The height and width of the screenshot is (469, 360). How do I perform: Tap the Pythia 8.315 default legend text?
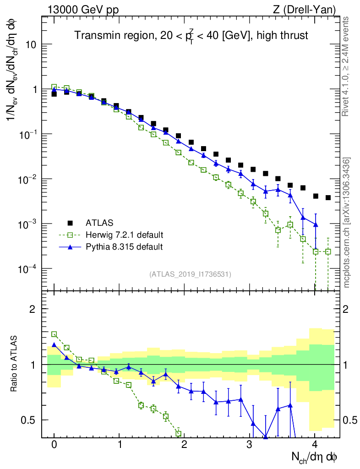pyautogui.click(x=124, y=247)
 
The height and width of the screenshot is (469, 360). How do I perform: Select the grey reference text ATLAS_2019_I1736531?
pyautogui.click(x=190, y=274)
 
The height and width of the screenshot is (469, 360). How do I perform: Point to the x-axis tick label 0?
pyautogui.click(x=54, y=445)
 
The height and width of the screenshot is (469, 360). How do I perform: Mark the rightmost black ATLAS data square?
pyautogui.click(x=328, y=198)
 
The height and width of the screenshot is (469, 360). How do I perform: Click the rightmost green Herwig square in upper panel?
pyautogui.click(x=328, y=251)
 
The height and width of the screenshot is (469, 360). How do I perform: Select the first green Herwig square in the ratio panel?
pyautogui.click(x=54, y=334)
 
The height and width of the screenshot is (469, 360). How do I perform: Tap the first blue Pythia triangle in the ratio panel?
pyautogui.click(x=54, y=345)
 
